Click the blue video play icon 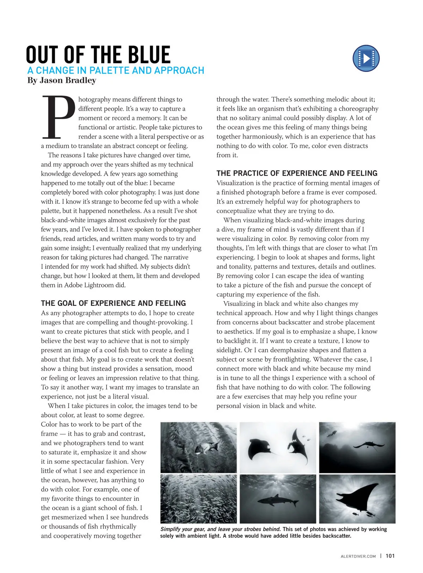(x=366, y=58)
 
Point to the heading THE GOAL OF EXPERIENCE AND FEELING (x=113, y=303)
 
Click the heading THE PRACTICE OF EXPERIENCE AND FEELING (x=297, y=173)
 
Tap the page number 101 (x=390, y=556)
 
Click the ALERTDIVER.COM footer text (x=358, y=556)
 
